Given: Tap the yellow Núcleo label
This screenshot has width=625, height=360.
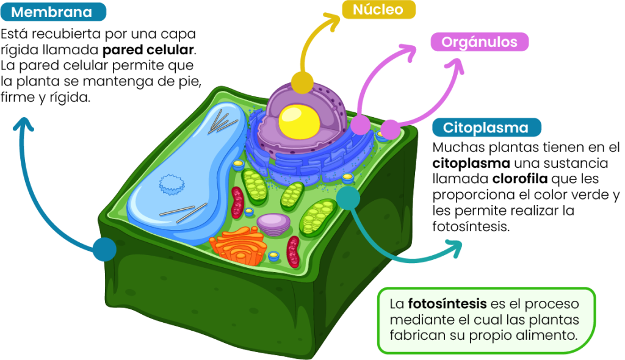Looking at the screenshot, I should (378, 10).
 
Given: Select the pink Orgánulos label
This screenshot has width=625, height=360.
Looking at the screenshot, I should (479, 42).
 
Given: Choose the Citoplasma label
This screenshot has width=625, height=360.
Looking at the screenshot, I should (486, 128).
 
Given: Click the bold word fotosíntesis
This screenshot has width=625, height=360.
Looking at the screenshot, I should (447, 304).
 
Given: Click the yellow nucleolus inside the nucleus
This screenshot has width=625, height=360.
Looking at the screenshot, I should (299, 121).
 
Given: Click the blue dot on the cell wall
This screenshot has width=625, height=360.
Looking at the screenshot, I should (104, 249).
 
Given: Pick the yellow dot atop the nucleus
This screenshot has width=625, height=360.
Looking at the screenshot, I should (302, 81).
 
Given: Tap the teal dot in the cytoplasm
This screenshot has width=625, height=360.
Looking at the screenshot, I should (349, 198).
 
